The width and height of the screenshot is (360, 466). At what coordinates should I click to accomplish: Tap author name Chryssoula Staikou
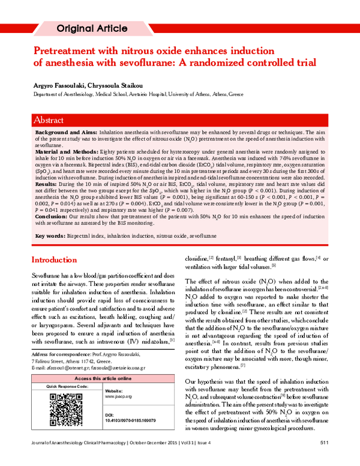(115, 86)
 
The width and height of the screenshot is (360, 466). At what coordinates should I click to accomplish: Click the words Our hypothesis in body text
(205, 381)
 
